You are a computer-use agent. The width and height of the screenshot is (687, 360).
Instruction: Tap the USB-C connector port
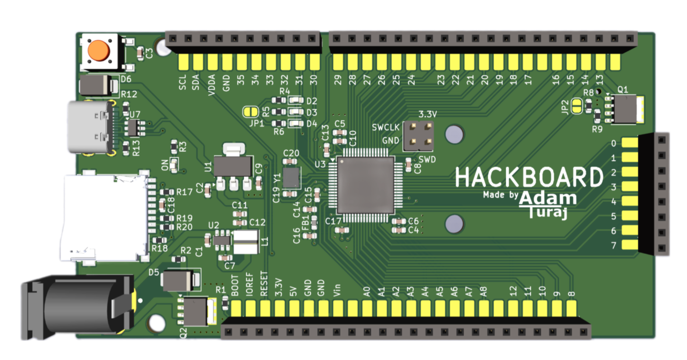pyautogui.click(x=90, y=127)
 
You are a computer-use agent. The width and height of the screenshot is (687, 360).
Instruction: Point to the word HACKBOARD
pyautogui.click(x=529, y=178)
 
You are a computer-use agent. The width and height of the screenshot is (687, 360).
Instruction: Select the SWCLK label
pyautogui.click(x=385, y=128)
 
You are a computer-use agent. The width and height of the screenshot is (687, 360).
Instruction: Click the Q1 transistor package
pyautogui.click(x=626, y=109)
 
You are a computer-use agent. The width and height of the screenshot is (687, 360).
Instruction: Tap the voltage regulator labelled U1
pyautogui.click(x=232, y=166)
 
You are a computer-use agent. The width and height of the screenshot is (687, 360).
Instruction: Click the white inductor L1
pyautogui.click(x=246, y=243)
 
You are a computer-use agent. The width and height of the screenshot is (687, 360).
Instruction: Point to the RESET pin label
pyautogui.click(x=264, y=285)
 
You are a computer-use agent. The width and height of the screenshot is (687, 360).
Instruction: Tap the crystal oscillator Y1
pyautogui.click(x=291, y=177)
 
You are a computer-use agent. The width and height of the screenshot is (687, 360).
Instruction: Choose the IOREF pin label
pyautogui.click(x=249, y=285)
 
